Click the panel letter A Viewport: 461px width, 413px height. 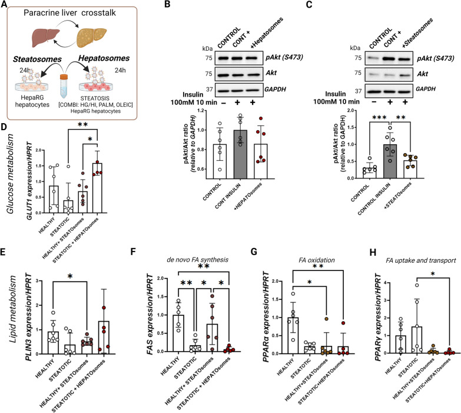click(x=5, y=5)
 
